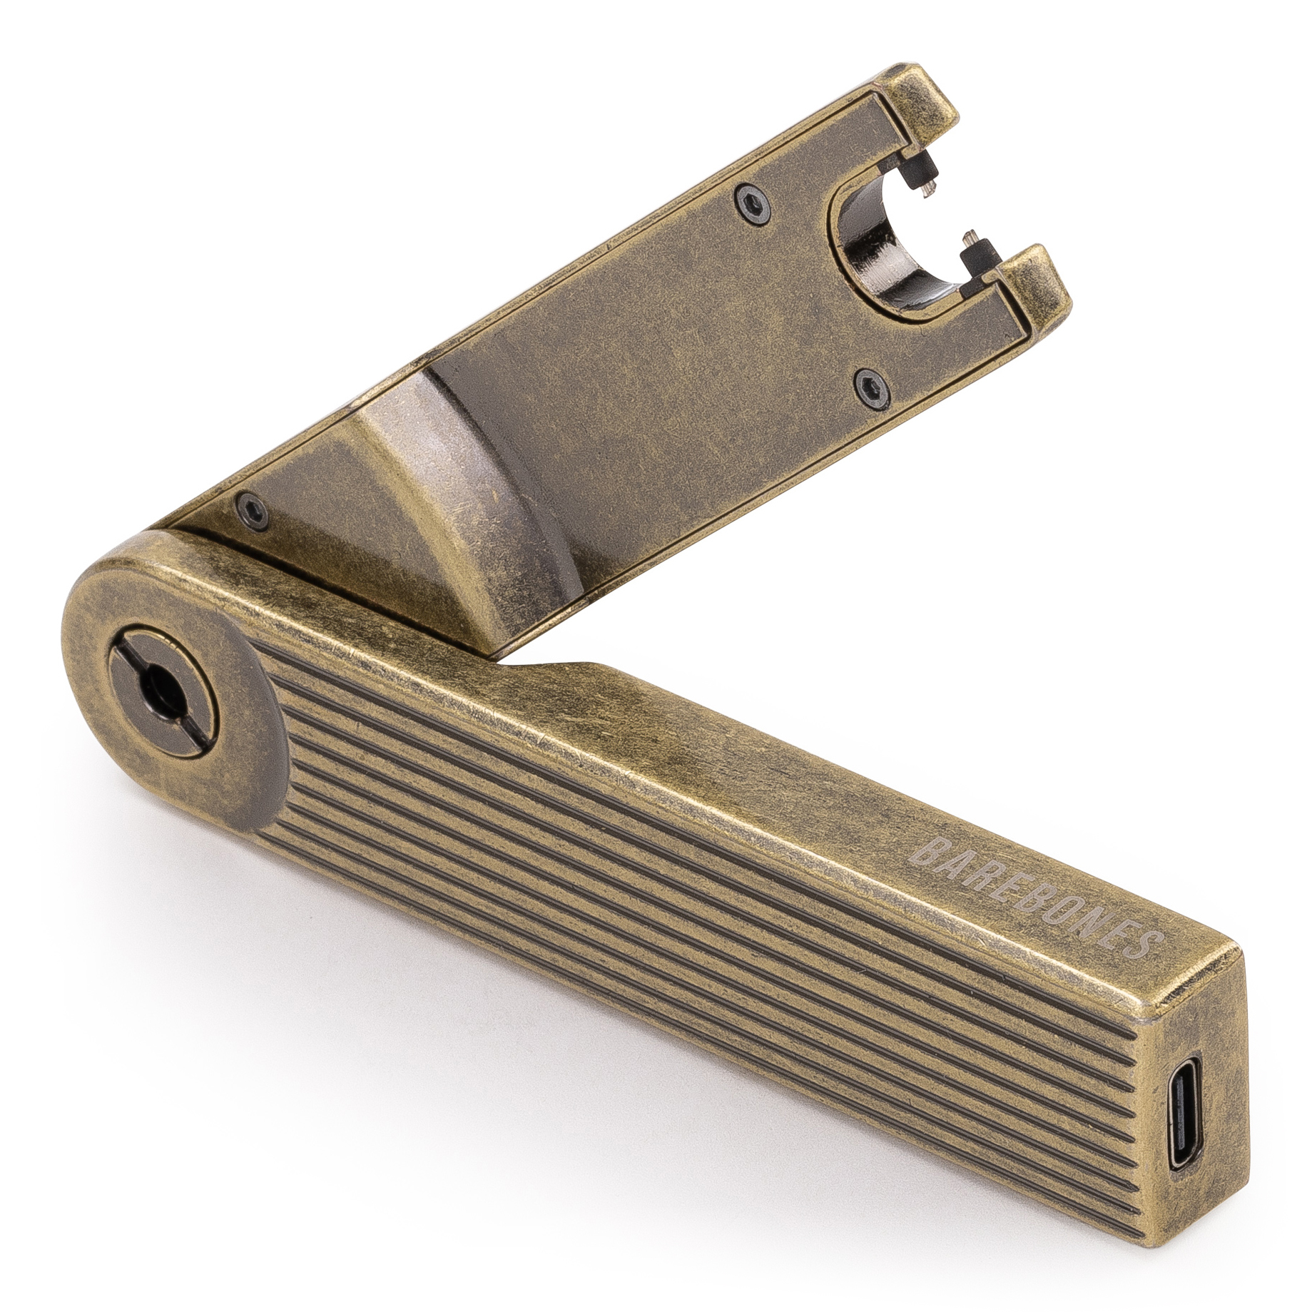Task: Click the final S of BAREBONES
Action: tap(1147, 943)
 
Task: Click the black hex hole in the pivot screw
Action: tap(153, 684)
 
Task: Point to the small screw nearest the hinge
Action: tap(253, 509)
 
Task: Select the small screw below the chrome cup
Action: tap(871, 387)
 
